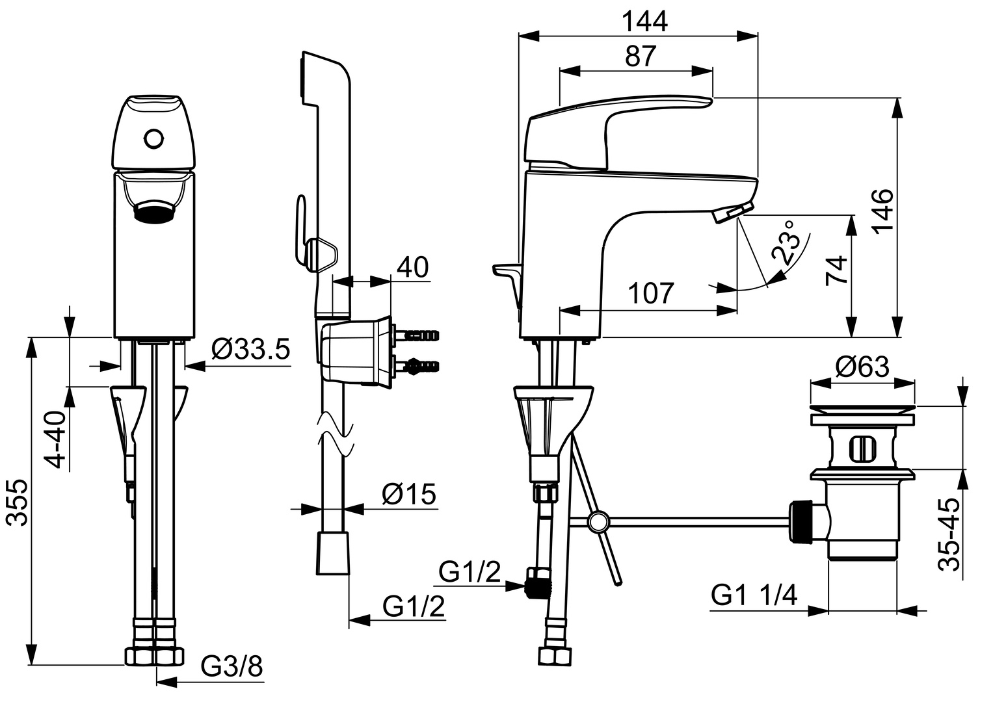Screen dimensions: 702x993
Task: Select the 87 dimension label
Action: tap(641, 57)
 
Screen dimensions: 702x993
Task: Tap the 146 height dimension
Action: tap(881, 211)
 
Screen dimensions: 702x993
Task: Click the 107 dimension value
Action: tap(652, 294)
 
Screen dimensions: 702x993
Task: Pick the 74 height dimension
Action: tap(837, 270)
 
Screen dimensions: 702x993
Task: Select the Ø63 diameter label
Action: tap(862, 368)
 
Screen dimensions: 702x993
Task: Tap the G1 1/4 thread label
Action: tap(754, 595)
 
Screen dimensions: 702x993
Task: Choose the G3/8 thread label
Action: tap(231, 666)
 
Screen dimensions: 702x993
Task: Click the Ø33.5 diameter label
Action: tap(250, 350)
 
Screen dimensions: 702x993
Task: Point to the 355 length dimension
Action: tap(18, 502)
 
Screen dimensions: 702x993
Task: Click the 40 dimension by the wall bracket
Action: tap(412, 266)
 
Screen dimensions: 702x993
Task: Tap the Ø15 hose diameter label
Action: tap(408, 495)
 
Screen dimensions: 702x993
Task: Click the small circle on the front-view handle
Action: tap(154, 139)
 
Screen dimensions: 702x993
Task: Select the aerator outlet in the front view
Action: tap(154, 212)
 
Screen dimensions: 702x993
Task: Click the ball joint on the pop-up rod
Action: tap(598, 521)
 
